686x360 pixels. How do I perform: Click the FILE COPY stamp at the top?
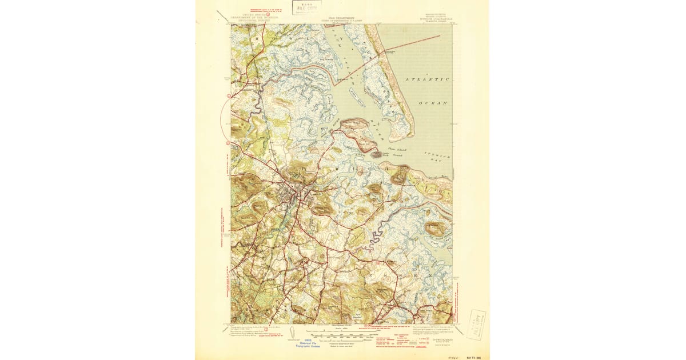pos(307,7)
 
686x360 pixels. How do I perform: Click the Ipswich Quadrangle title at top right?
pos(436,19)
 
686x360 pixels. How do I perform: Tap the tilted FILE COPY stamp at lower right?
pos(476,325)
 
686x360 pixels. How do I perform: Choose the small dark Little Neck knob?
pos(377,154)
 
